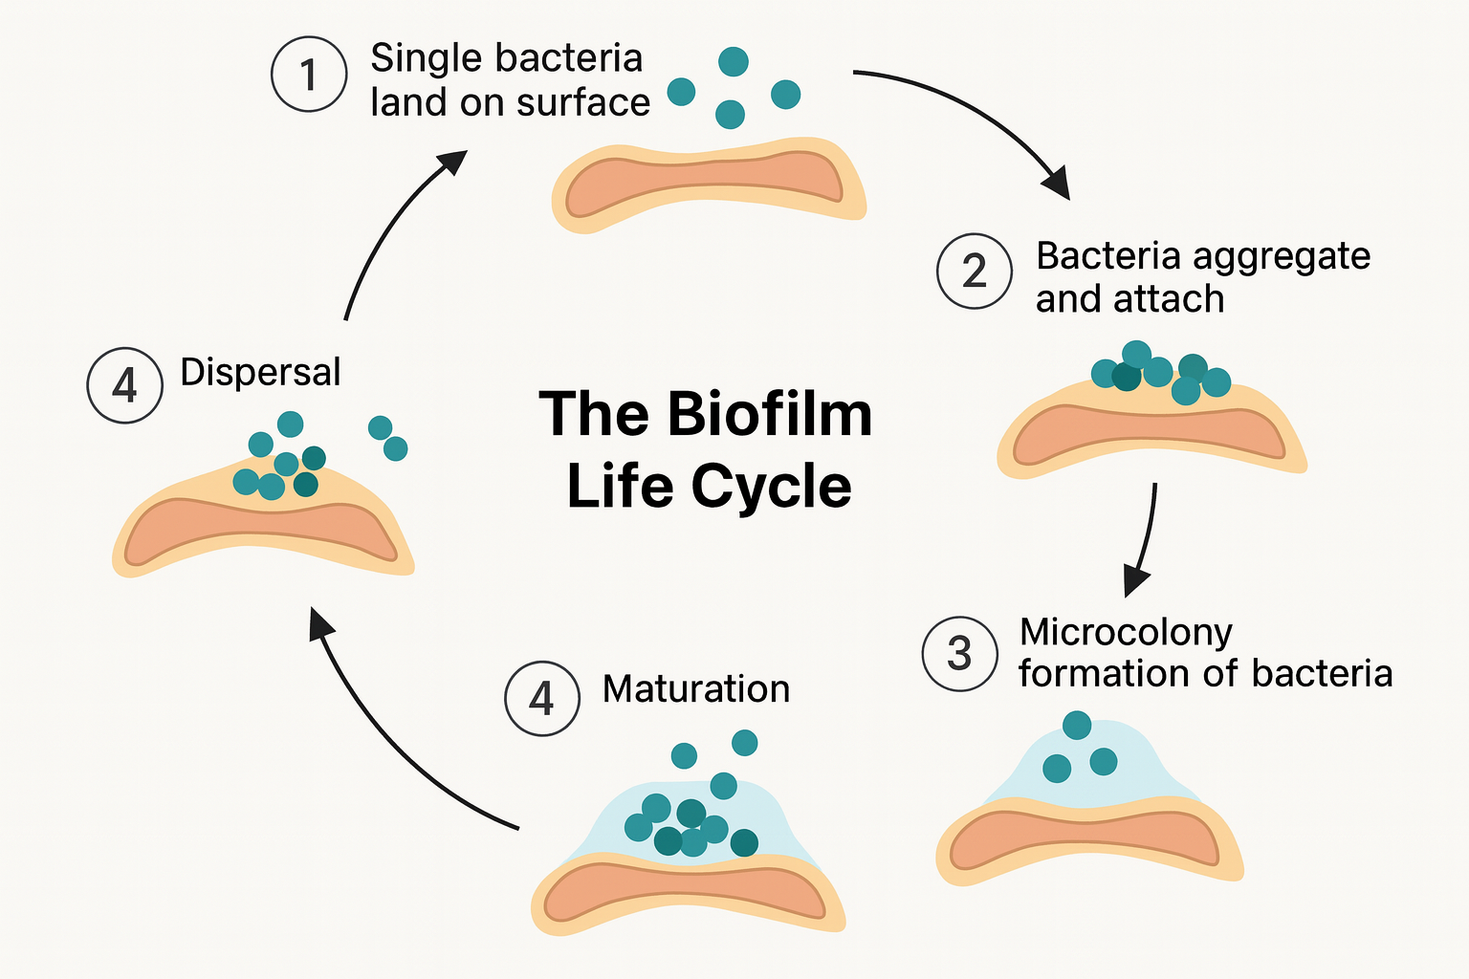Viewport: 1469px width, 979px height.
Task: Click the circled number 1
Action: pyautogui.click(x=308, y=75)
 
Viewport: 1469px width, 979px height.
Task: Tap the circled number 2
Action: pyautogui.click(x=974, y=272)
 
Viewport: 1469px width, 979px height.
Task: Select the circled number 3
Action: pyautogui.click(x=959, y=654)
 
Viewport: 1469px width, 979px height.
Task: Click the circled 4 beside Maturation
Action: pyautogui.click(x=542, y=698)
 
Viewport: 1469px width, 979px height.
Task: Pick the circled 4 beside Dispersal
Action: pyautogui.click(x=124, y=385)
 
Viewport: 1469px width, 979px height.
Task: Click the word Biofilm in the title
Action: pyautogui.click(x=769, y=415)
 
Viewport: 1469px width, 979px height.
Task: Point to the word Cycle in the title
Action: pyautogui.click(x=771, y=486)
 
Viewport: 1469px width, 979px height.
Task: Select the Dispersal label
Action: pyautogui.click(x=260, y=372)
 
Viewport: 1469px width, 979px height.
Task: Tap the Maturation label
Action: pyautogui.click(x=696, y=689)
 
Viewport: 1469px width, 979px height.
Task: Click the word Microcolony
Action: pyautogui.click(x=1126, y=632)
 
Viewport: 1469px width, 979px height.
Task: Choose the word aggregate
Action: pyautogui.click(x=1282, y=256)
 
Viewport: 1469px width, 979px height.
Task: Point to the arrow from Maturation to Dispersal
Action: pyautogui.click(x=383, y=736)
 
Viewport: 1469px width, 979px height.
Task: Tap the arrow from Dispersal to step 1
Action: pyautogui.click(x=392, y=229)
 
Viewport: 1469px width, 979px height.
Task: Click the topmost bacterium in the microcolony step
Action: pyautogui.click(x=1077, y=725)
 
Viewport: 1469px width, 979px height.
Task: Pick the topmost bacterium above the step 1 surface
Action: pyautogui.click(x=734, y=62)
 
